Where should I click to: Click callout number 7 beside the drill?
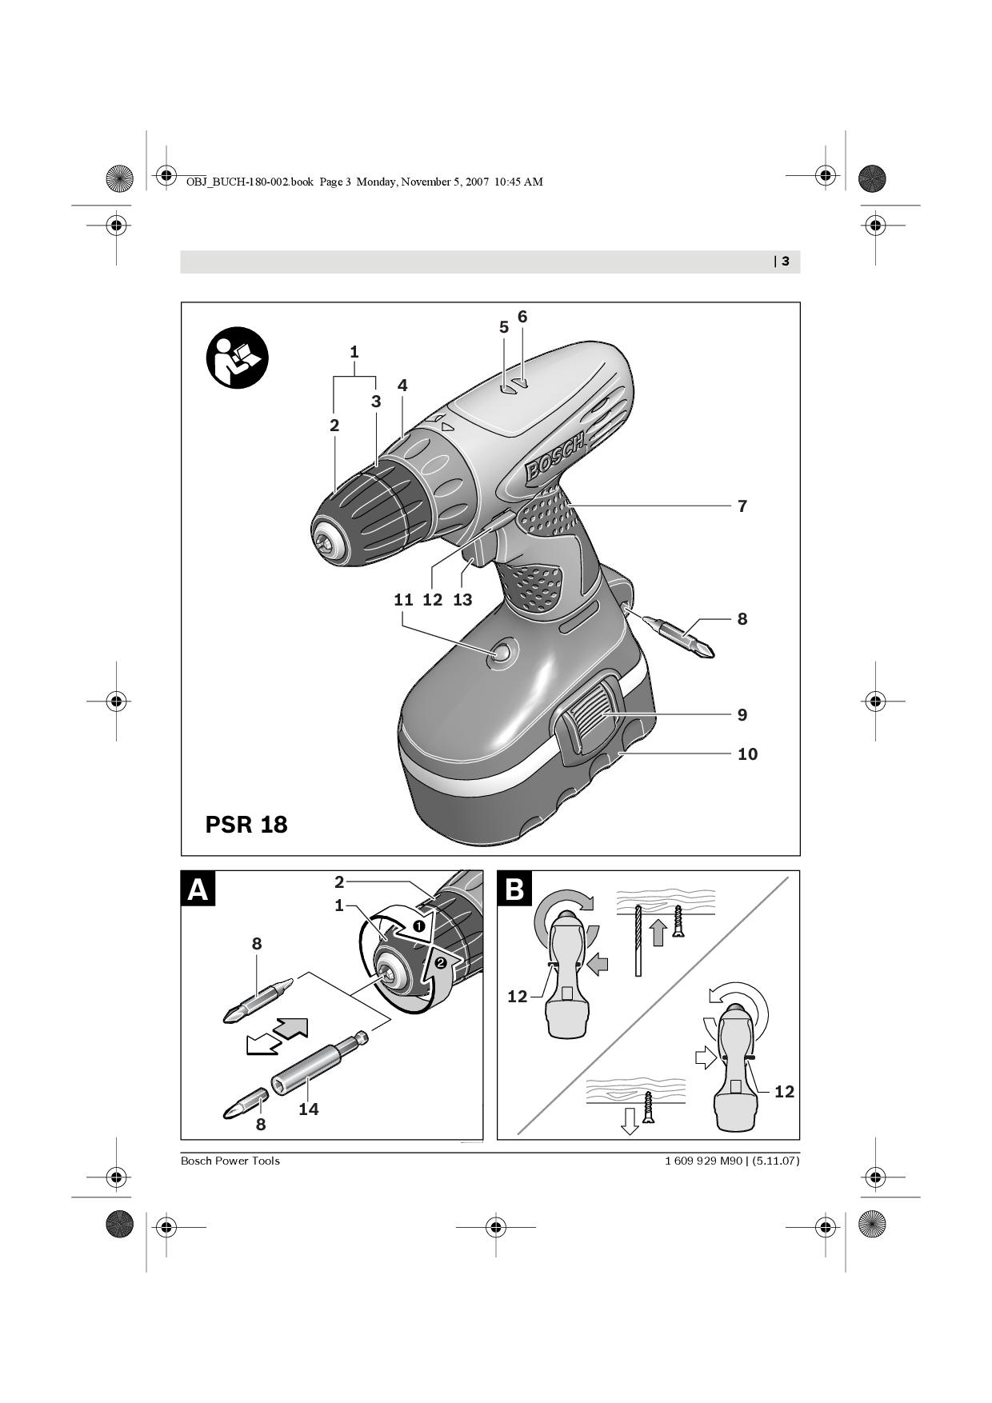tap(742, 506)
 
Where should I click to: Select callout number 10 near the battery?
tap(747, 753)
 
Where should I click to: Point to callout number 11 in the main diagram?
tap(403, 599)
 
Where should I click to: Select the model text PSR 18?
tap(246, 825)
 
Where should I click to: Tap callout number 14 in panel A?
tap(308, 1109)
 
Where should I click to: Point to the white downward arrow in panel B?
tap(630, 1121)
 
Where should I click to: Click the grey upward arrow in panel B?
tap(658, 933)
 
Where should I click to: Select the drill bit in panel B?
tap(638, 941)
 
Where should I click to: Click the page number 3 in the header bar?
tap(786, 261)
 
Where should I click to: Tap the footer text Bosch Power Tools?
tap(230, 1161)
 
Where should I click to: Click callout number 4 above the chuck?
tap(402, 385)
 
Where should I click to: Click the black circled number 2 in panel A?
tap(440, 963)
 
